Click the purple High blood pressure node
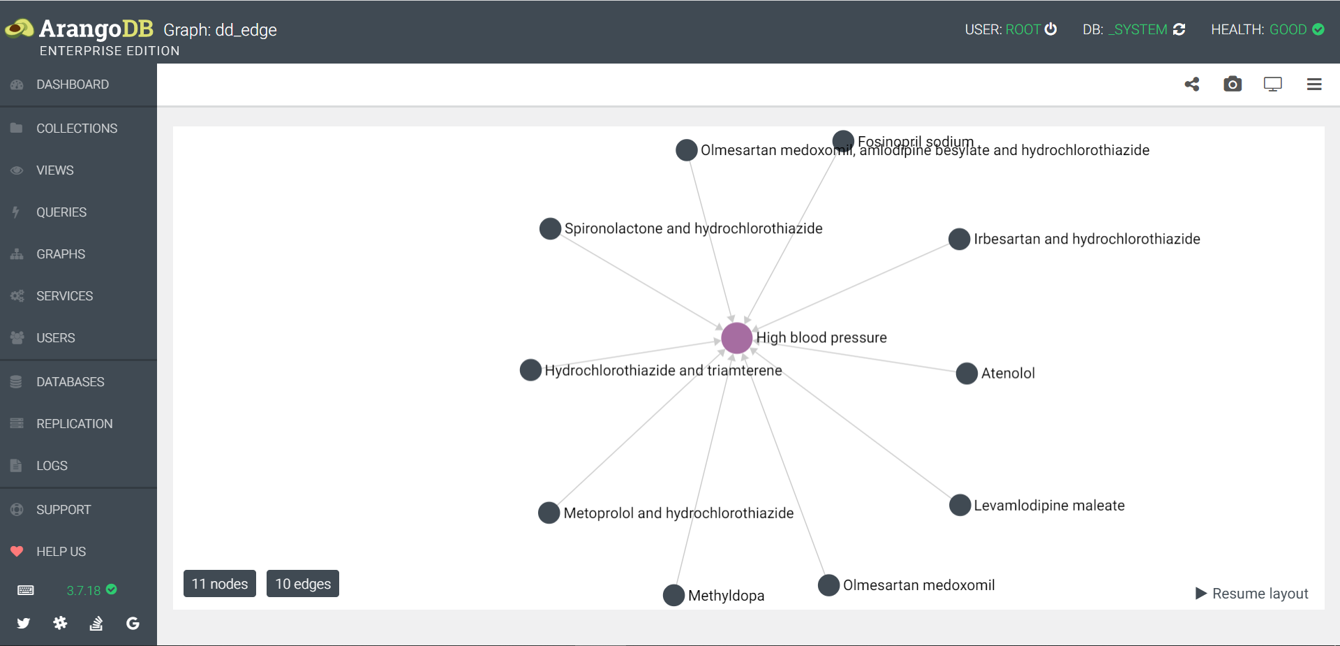[736, 338]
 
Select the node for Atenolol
[967, 374]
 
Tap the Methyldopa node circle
[673, 595]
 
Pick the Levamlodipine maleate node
[960, 505]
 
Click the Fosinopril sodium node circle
[843, 141]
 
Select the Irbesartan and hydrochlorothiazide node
[960, 239]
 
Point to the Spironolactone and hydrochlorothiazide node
[551, 228]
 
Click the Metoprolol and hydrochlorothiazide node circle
[549, 513]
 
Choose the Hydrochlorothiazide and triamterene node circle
[531, 370]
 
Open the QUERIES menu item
[61, 212]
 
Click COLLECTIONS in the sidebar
[77, 129]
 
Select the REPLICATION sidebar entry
[74, 424]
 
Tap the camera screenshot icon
[1233, 85]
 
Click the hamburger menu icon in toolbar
[1314, 85]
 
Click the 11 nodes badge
[220, 584]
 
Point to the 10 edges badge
[303, 584]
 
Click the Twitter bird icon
[24, 623]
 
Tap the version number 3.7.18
[84, 591]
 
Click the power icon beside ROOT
[1050, 29]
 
